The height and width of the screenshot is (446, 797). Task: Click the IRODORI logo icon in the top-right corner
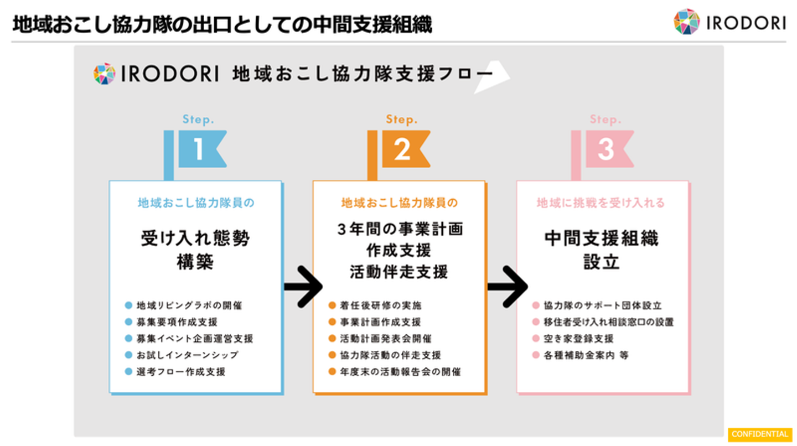pos(686,22)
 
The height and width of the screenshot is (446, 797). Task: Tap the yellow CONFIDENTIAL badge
pos(760,434)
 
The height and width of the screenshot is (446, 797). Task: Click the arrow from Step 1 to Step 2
pos(303,286)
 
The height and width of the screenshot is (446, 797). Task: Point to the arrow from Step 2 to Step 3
pos(507,286)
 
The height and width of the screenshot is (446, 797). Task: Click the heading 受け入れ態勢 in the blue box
pos(195,239)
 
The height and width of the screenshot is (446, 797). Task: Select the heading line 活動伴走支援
pos(398,272)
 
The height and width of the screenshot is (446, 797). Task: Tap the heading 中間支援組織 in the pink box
pos(602,239)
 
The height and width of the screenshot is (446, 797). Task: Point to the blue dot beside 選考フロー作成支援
pos(128,372)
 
